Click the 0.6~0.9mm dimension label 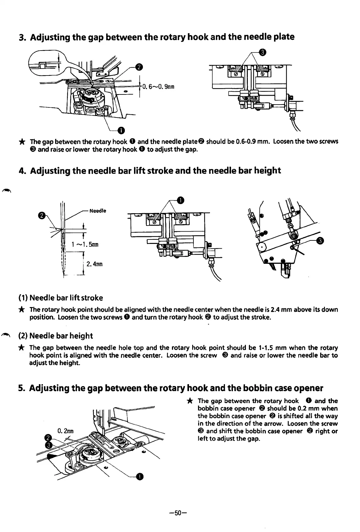(157, 86)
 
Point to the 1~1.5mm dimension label (85, 245)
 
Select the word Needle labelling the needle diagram (98, 211)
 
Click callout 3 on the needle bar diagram (320, 241)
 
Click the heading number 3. (21, 38)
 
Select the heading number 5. (21, 388)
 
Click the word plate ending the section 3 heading (283, 37)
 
